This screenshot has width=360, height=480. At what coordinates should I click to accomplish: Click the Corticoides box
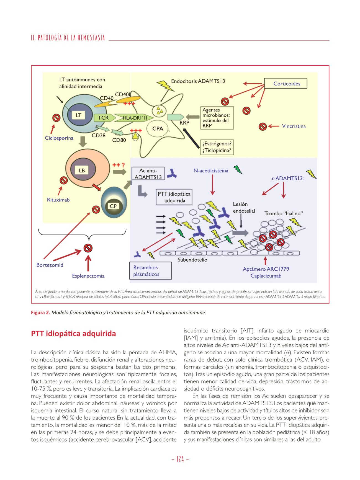click(286, 84)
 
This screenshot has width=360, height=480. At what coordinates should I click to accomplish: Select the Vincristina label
click(294, 126)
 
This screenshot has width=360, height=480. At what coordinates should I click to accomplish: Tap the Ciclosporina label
click(59, 138)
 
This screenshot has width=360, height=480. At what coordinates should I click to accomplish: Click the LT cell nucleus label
click(79, 115)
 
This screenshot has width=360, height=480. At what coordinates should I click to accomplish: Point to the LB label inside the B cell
click(82, 171)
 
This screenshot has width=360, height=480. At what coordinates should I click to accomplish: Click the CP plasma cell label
click(113, 206)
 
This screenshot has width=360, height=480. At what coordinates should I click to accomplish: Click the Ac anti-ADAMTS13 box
click(148, 174)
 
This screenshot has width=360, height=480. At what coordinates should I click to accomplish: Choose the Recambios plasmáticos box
click(150, 271)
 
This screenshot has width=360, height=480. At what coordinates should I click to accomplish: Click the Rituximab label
click(58, 200)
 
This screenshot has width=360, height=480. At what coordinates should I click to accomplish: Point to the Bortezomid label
click(50, 265)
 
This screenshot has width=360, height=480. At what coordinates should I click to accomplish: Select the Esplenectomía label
click(88, 276)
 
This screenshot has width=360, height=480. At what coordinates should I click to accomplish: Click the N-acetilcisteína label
click(211, 171)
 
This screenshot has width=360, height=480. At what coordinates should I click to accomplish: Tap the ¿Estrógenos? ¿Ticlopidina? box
click(217, 147)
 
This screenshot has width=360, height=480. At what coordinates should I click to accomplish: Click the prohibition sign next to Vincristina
click(262, 127)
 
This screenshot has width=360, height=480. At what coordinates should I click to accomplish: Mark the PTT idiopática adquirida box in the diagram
click(174, 197)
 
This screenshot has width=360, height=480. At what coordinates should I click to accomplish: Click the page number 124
click(180, 459)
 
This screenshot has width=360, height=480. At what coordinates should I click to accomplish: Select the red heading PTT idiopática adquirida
click(73, 334)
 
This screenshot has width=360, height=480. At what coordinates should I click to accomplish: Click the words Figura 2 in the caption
click(40, 313)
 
